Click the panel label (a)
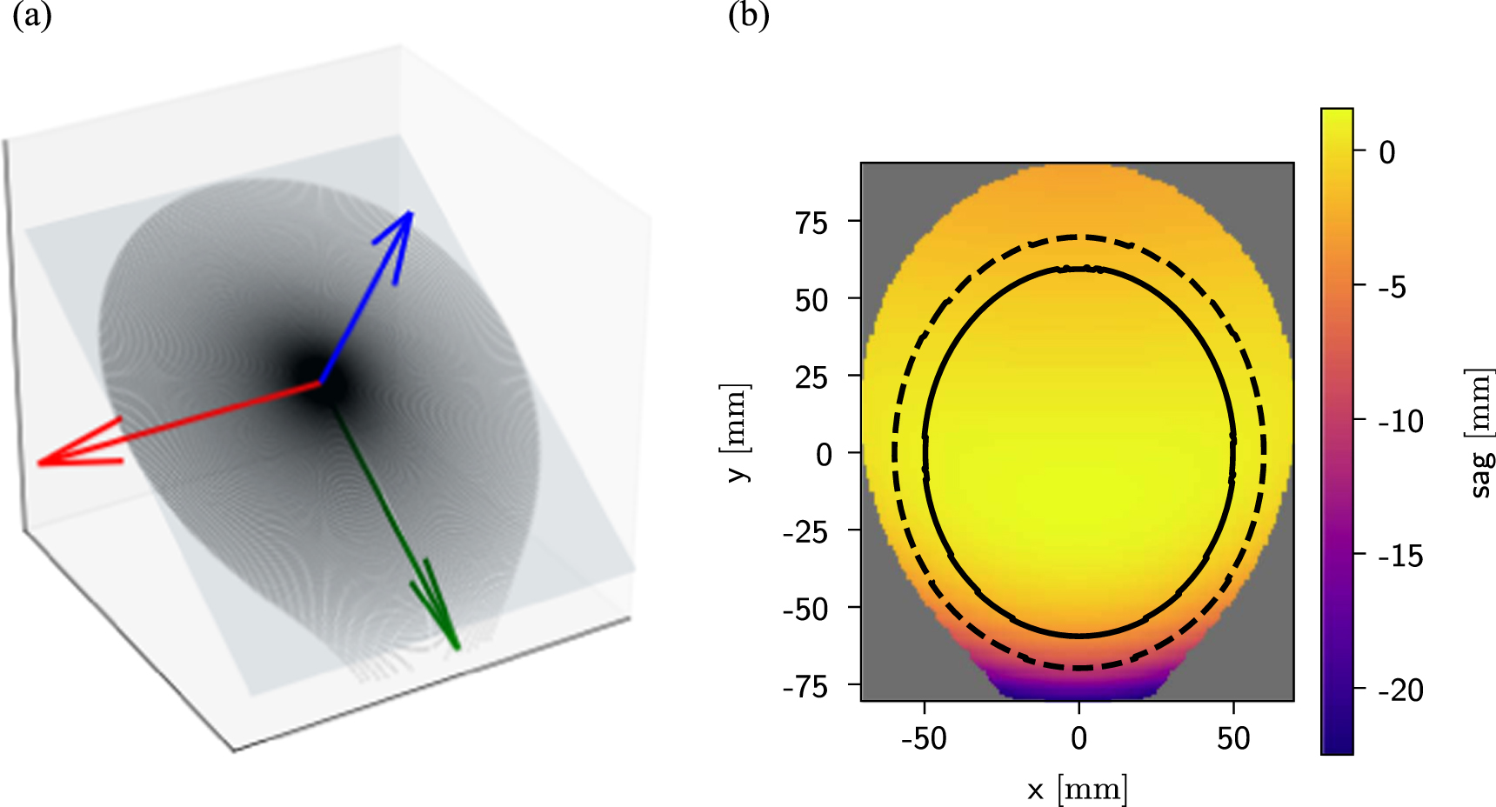31,17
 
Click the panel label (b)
748,17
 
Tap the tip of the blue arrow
410,213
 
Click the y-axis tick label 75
811,223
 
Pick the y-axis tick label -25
805,532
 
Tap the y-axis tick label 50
811,301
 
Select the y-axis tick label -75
805,687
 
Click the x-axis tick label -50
924,739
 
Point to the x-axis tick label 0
1079,739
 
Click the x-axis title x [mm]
1077,790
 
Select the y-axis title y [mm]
736,432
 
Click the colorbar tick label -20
1400,690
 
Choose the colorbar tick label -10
1400,422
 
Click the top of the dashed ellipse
1079,237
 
